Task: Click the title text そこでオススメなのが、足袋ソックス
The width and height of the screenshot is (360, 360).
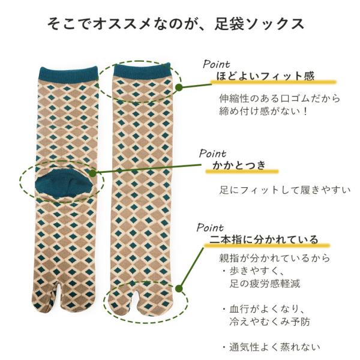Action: pyautogui.click(x=176, y=24)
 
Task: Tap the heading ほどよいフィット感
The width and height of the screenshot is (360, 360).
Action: pyautogui.click(x=265, y=76)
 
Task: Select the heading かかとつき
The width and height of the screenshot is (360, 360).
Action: pyautogui.click(x=239, y=165)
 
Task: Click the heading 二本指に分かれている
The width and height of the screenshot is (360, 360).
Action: pyautogui.click(x=264, y=239)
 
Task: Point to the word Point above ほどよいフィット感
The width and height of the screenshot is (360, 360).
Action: pyautogui.click(x=216, y=64)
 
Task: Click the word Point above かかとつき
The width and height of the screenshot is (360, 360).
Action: pyautogui.click(x=212, y=154)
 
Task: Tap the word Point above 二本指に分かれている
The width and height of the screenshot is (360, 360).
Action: pyautogui.click(x=210, y=227)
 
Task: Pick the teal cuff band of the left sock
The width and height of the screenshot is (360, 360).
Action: pyautogui.click(x=68, y=74)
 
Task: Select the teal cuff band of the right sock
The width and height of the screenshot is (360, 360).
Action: pyautogui.click(x=142, y=71)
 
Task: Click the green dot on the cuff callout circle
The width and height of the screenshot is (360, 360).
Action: pyautogui.click(x=179, y=87)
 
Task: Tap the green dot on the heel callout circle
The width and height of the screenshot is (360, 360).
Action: pyautogui.click(x=92, y=173)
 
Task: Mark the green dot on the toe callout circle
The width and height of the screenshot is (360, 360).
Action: pyautogui.click(x=179, y=289)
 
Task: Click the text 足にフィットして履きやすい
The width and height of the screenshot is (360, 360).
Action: pyautogui.click(x=285, y=190)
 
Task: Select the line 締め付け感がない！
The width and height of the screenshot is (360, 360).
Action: pyautogui.click(x=263, y=112)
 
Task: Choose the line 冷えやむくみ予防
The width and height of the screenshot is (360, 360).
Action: pyautogui.click(x=269, y=322)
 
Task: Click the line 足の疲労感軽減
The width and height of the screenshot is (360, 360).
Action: pyautogui.click(x=265, y=284)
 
